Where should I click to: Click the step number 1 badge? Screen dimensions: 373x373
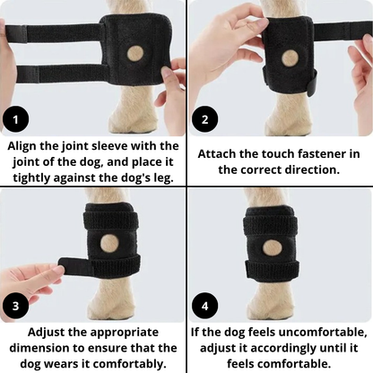pos(15,119)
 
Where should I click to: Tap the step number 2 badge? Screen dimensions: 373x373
pos(204,119)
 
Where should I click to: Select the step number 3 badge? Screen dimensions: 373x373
pos(15,306)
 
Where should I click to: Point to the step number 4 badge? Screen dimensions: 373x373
pos(204,306)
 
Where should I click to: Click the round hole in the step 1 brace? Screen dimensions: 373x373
pos(136,55)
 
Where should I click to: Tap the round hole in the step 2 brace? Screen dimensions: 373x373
pos(290,58)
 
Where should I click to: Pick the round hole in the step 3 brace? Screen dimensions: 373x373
pos(109,243)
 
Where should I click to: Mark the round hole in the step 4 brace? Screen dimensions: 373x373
pos(272,249)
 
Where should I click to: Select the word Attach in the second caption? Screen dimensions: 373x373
pos(217,154)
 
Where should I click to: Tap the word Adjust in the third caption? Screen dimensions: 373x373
pos(47,333)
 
